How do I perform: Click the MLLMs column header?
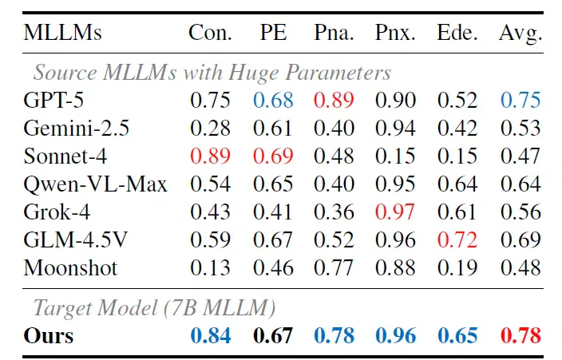coord(63,33)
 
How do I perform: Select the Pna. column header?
coord(334,33)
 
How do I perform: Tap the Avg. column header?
coord(520,34)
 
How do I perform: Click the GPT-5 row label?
coord(53,100)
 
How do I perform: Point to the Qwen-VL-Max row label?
coord(95,184)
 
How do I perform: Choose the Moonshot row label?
coord(70,268)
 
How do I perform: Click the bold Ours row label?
coord(49,335)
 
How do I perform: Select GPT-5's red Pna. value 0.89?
coord(334,100)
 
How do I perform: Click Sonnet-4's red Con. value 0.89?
coord(211,156)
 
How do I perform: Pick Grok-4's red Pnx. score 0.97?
coord(395,212)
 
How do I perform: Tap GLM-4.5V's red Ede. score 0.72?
coord(457,239)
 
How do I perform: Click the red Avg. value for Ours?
coord(520,335)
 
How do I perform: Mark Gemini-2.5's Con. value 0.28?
coord(211,128)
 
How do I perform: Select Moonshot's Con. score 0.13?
coord(211,268)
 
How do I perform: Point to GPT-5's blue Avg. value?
coord(520,100)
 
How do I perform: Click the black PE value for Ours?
coord(273,335)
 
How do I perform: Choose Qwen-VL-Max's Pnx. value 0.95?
coord(395,184)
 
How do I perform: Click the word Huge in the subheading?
coord(254,73)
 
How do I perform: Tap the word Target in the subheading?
coord(63,308)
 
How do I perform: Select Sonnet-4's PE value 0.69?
coord(273,156)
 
